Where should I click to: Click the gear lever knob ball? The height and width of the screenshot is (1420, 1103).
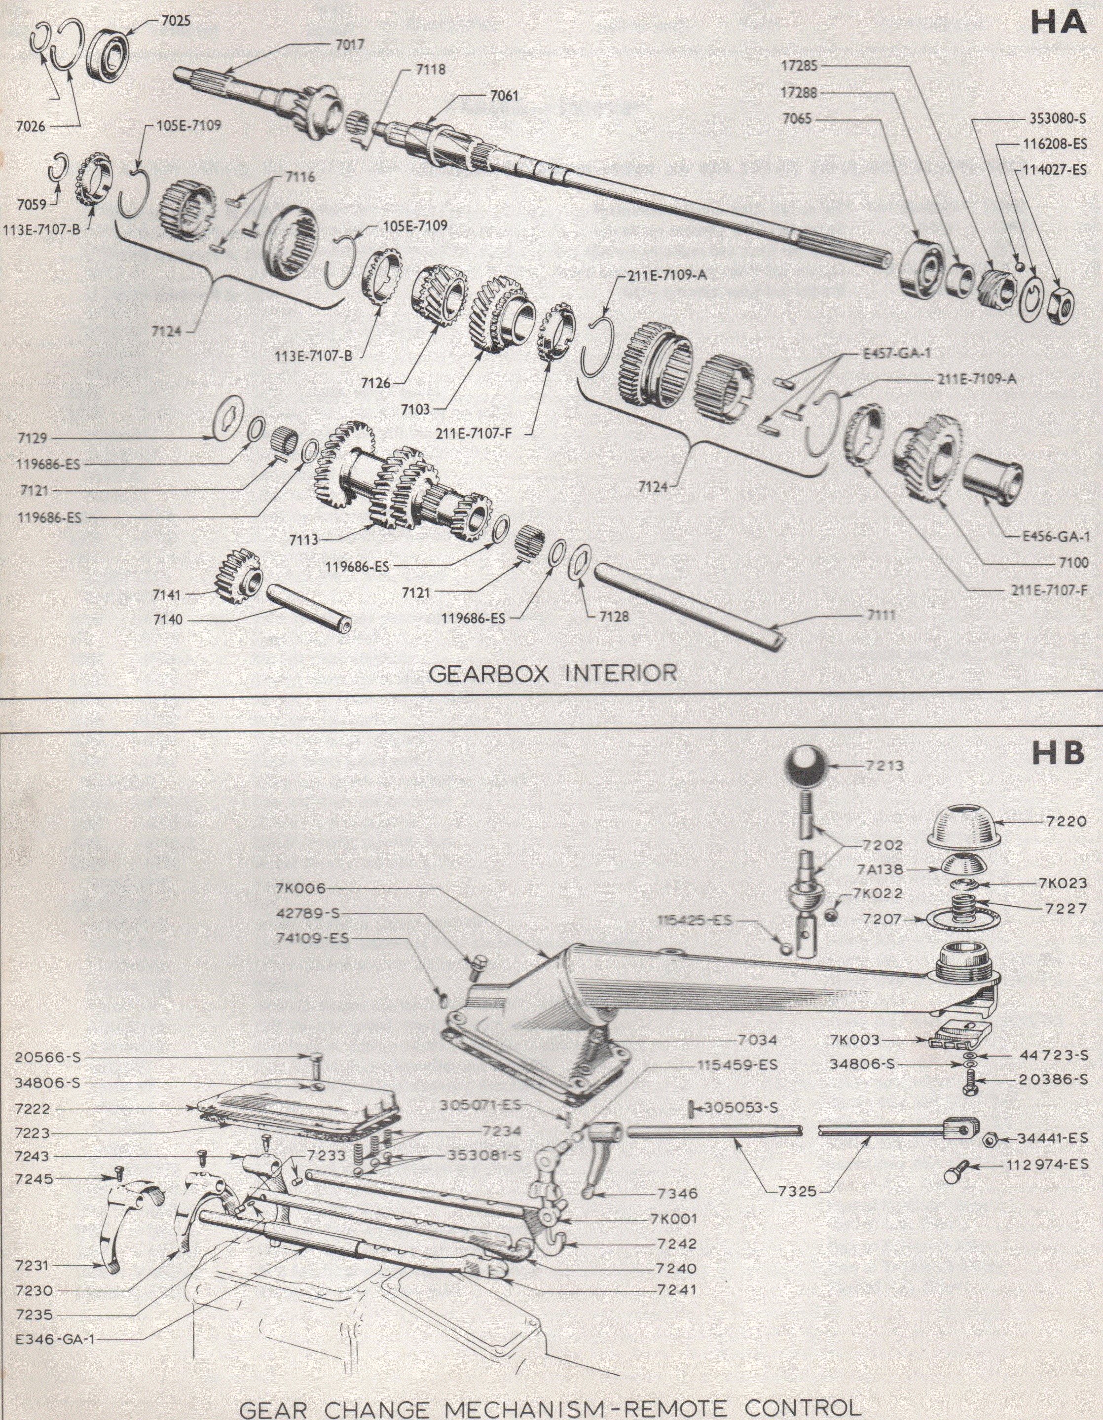click(807, 768)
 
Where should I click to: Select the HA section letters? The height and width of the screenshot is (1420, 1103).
click(1059, 23)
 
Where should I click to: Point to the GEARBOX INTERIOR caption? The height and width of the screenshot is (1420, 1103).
click(552, 672)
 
